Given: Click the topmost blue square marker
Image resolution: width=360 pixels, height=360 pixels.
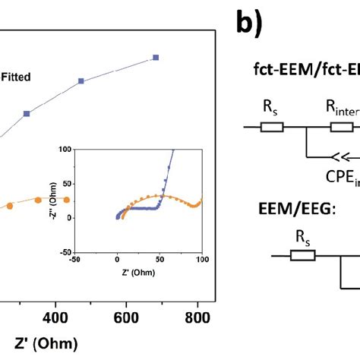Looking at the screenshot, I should coord(156,57).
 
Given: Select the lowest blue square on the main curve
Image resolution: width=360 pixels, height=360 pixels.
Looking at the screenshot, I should coord(27,114).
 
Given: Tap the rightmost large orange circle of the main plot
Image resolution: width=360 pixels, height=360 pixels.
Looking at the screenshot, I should coord(65,200).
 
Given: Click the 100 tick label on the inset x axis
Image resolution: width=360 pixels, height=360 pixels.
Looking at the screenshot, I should coord(201,260).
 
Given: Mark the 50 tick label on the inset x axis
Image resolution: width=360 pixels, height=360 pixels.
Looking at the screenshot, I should coord(159,260).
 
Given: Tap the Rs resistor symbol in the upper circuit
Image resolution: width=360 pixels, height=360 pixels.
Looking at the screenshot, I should coord(271,126).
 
